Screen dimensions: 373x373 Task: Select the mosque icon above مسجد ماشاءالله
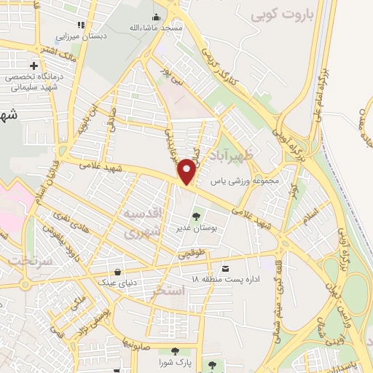(x=157, y=17)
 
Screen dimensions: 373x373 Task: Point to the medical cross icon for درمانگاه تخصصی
(x=34, y=66)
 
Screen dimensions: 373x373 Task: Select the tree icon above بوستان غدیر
(x=195, y=216)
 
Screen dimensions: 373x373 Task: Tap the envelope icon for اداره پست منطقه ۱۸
(x=225, y=267)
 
